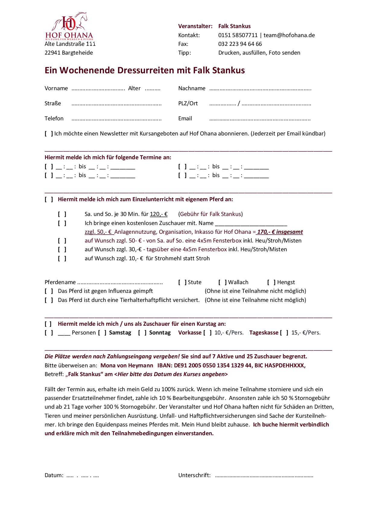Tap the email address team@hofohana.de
click(289, 35)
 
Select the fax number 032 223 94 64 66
click(240, 44)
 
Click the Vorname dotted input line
click(98, 89)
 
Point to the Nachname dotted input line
click(260, 89)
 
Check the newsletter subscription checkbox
click(49, 134)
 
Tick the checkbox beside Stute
click(182, 282)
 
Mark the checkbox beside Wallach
click(223, 282)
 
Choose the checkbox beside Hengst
click(271, 282)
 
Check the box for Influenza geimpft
click(49, 291)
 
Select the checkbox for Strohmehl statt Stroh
click(62, 258)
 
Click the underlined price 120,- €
click(159, 214)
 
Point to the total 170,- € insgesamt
click(280, 232)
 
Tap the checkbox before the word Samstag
click(102, 333)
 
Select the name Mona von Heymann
click(127, 366)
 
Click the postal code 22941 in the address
click(52, 53)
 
